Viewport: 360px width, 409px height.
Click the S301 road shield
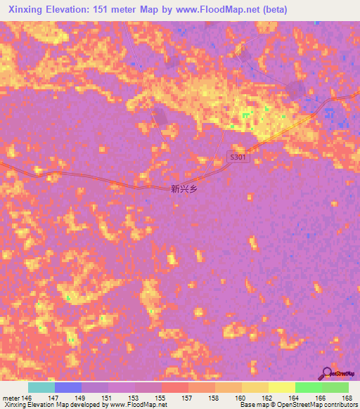click(x=238, y=158)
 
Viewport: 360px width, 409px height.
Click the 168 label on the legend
click(x=347, y=398)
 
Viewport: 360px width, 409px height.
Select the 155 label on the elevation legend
click(x=162, y=398)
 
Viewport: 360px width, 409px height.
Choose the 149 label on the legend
click(x=82, y=398)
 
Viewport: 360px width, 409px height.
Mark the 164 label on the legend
click(x=295, y=398)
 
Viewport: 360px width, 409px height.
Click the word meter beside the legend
click(x=10, y=398)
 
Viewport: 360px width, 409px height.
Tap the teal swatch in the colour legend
click(x=41, y=387)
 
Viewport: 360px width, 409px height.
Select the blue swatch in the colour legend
click(x=68, y=387)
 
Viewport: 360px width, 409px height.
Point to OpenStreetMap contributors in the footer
click(x=316, y=405)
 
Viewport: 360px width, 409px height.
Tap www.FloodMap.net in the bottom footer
click(x=138, y=405)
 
